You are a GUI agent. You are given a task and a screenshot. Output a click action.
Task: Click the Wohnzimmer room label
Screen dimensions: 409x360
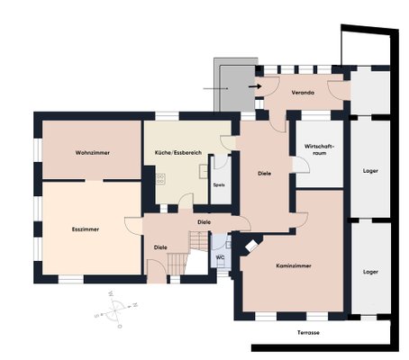pyautogui.click(x=93, y=153)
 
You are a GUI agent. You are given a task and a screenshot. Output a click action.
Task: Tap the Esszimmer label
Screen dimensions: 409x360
pyautogui.click(x=86, y=229)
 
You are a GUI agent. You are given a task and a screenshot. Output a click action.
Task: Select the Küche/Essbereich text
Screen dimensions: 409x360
pyautogui.click(x=178, y=153)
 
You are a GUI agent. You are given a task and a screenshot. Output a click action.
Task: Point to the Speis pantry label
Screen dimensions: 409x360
pyautogui.click(x=219, y=185)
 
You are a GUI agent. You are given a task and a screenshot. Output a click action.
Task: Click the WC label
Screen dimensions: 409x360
pyautogui.click(x=220, y=257)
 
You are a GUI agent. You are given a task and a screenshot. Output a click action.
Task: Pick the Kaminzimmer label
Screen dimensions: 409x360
pyautogui.click(x=294, y=265)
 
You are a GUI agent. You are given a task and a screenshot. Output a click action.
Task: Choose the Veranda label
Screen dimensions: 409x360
pyautogui.click(x=303, y=93)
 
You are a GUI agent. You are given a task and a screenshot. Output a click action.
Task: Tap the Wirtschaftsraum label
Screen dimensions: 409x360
pyautogui.click(x=319, y=149)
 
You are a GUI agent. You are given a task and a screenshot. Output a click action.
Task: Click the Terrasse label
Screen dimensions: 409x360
pyautogui.click(x=308, y=333)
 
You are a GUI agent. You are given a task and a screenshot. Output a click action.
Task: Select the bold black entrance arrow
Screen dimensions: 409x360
pyautogui.click(x=255, y=86)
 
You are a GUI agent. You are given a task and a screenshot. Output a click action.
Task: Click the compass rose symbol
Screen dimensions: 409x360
pyautogui.click(x=115, y=309)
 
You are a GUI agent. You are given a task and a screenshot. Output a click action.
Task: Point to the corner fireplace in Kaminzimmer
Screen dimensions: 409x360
pyautogui.click(x=251, y=246)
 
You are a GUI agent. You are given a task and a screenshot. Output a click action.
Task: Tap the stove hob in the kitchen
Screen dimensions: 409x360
pyautogui.click(x=160, y=179)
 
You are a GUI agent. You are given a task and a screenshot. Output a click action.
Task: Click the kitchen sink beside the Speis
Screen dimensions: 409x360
pyautogui.click(x=204, y=171)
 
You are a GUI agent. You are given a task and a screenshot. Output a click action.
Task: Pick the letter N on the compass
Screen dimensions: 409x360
pyautogui.click(x=135, y=305)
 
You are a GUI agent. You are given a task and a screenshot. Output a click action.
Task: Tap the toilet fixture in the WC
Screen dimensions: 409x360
pyautogui.click(x=222, y=264)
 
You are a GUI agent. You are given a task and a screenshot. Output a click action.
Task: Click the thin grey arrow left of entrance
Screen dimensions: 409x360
pyautogui.click(x=215, y=89)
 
